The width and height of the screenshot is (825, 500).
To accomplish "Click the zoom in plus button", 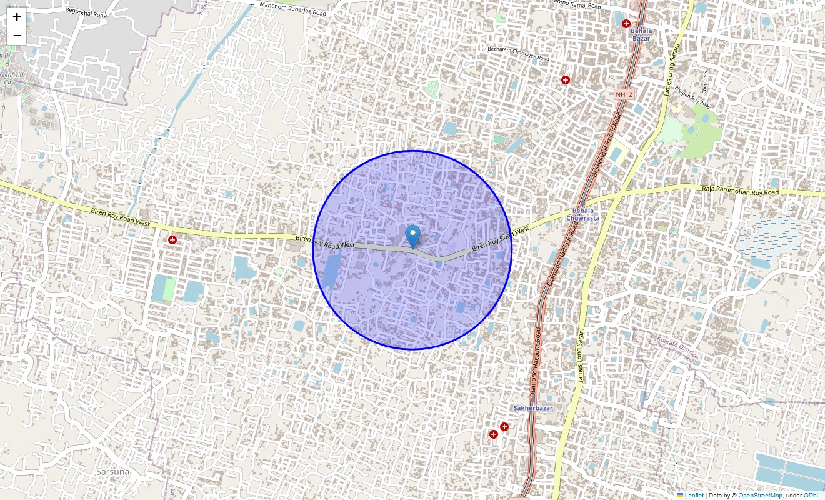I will point(17,17).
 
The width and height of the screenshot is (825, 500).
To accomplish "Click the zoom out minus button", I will point(17,36).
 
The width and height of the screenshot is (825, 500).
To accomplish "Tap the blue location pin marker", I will point(412,237).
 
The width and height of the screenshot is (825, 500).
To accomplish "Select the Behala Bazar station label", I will point(641,34).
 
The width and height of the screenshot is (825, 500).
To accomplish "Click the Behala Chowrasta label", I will point(582,214).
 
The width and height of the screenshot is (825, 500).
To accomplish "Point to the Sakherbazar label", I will point(533,408).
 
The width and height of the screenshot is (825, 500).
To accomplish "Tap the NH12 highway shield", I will point(624,94).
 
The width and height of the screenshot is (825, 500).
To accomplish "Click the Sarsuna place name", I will point(113,472).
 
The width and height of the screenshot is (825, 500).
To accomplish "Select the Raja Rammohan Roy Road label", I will point(740,192).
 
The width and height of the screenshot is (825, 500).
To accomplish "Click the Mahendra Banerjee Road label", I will point(292,9).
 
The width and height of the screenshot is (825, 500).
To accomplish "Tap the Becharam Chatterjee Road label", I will point(518,53).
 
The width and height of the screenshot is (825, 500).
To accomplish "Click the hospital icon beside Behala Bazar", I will point(626,24).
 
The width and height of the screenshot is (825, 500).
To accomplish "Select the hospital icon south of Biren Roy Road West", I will point(172,240).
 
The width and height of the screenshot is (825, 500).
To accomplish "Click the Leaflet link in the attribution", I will point(694,496).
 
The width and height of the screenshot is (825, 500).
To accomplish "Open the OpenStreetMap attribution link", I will point(760,496).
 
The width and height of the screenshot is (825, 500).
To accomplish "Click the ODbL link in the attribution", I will point(812,496).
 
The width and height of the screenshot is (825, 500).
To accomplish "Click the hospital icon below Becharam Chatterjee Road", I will point(566,80).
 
